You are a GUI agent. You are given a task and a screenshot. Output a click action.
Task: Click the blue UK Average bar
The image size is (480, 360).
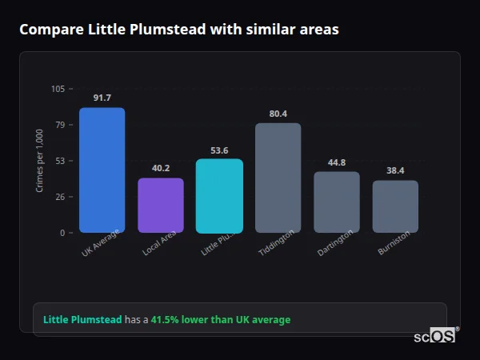coord(102,170)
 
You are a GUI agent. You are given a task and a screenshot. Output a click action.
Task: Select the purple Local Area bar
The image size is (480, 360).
coord(161,205)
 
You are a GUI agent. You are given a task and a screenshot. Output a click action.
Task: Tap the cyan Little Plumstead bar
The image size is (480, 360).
coord(219,195)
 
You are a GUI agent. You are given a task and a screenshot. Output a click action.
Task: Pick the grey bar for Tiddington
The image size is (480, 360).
coord(278,178)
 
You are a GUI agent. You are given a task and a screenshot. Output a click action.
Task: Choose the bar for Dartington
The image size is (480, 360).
coord(337,202)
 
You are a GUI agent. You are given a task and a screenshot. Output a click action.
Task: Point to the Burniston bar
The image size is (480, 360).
coord(395,206)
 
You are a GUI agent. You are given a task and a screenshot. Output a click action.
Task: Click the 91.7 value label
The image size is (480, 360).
coord(102,98)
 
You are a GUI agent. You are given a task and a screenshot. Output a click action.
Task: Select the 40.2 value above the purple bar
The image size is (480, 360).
coord(161,168)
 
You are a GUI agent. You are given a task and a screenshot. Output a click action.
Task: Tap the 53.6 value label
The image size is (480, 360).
coord(219,150)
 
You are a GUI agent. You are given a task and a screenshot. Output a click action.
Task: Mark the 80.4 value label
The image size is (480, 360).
coord(278,114)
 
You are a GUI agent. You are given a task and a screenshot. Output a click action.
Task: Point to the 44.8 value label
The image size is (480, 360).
coord(337,162)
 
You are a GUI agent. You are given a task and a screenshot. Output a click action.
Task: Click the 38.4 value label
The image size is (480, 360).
coord(395,170)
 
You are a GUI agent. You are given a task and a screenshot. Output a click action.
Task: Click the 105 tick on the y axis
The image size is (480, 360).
coord(58,89)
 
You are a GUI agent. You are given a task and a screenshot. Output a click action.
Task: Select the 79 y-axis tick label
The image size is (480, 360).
coord(59,125)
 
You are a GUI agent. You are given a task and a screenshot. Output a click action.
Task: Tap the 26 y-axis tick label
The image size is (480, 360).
coord(59,197)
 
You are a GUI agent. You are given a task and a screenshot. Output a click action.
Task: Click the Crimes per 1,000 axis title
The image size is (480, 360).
coord(39,160)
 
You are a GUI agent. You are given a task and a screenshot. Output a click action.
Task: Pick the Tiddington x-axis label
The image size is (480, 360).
coord(277,242)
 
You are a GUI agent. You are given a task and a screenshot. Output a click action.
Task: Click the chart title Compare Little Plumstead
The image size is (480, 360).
coord(178,30)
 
